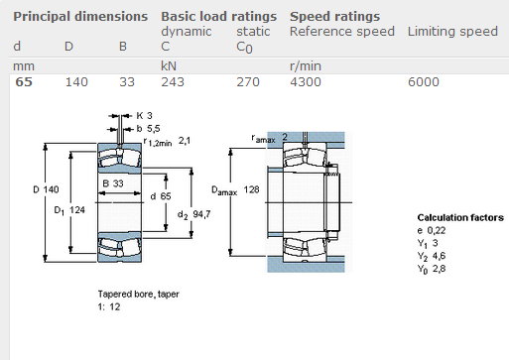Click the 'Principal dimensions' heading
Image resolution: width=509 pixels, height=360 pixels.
pyautogui.click(x=80, y=17)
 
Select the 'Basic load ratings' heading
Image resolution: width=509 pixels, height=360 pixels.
pyautogui.click(x=218, y=17)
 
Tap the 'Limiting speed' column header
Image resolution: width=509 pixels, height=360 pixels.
pyautogui.click(x=452, y=32)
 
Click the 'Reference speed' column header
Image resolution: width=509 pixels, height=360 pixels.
pyautogui.click(x=342, y=32)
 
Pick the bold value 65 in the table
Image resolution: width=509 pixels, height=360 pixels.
pyautogui.click(x=24, y=82)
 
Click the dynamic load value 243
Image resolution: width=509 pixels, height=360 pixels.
pyautogui.click(x=173, y=82)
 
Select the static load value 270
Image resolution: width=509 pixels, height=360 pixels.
pyautogui.click(x=248, y=82)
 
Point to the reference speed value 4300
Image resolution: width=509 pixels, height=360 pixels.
pyautogui.click(x=306, y=82)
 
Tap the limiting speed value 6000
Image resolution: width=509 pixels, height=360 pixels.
pyautogui.click(x=424, y=82)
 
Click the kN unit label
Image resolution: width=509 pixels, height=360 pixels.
pyautogui.click(x=169, y=66)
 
